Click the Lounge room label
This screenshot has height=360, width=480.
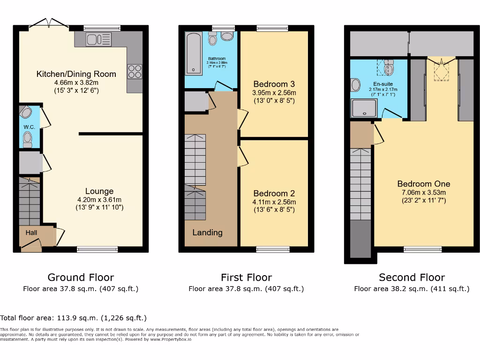(99, 191)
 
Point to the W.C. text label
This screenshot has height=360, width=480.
(30, 127)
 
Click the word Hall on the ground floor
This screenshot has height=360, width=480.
(31, 232)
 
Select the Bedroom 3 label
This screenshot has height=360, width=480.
(274, 84)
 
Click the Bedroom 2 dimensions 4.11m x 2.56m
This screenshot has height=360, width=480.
(274, 202)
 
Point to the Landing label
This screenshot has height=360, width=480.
(207, 232)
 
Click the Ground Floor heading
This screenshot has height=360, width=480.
(81, 277)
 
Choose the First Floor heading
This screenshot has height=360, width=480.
(246, 277)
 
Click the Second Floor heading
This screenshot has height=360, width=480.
(412, 277)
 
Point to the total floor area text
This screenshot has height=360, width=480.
(74, 318)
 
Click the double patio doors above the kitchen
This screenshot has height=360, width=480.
(49, 24)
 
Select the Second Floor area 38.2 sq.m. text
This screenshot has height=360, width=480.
(412, 289)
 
